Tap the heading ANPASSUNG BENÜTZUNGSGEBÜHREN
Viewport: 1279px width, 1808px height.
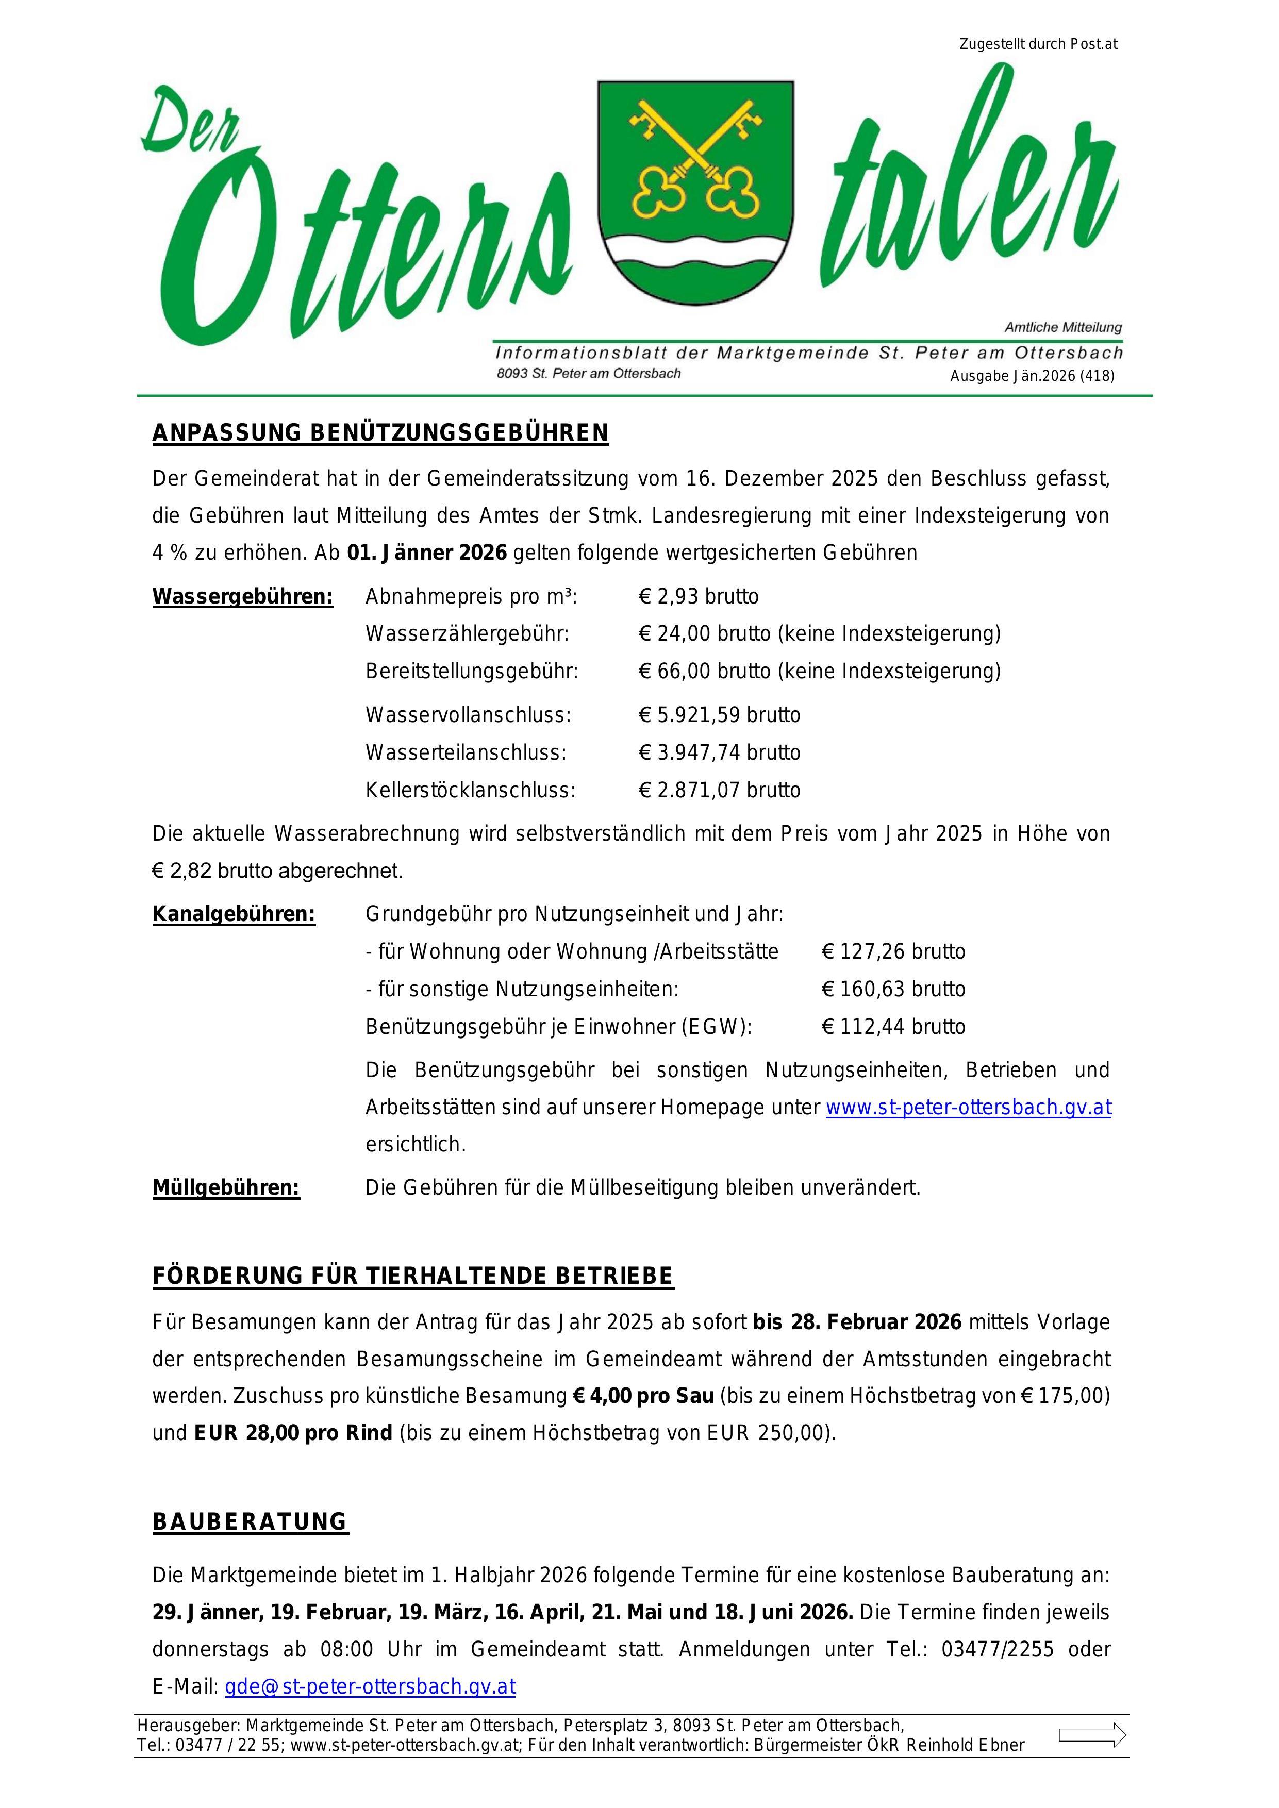tap(380, 433)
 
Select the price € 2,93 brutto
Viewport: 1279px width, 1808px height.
tap(699, 597)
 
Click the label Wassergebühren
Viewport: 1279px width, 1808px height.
tap(243, 597)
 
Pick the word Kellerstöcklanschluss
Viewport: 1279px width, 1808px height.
tap(470, 791)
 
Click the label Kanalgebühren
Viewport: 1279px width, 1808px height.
tap(234, 914)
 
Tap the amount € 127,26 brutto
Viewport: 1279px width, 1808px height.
tap(893, 952)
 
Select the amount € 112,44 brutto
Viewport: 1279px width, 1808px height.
tap(893, 1027)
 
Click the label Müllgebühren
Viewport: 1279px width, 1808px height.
tap(226, 1187)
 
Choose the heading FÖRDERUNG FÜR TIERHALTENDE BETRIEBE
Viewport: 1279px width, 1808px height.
tap(413, 1277)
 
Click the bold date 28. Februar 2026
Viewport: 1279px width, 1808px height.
tap(876, 1322)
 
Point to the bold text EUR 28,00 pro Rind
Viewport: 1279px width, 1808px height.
tap(293, 1433)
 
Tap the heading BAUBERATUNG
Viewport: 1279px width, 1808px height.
tap(250, 1522)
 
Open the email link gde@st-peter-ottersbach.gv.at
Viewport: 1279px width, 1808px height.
tap(370, 1687)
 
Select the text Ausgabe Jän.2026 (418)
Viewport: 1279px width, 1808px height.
tap(1032, 376)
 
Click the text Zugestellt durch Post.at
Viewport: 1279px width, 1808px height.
tap(1038, 44)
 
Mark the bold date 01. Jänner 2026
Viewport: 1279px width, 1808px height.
tap(427, 553)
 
